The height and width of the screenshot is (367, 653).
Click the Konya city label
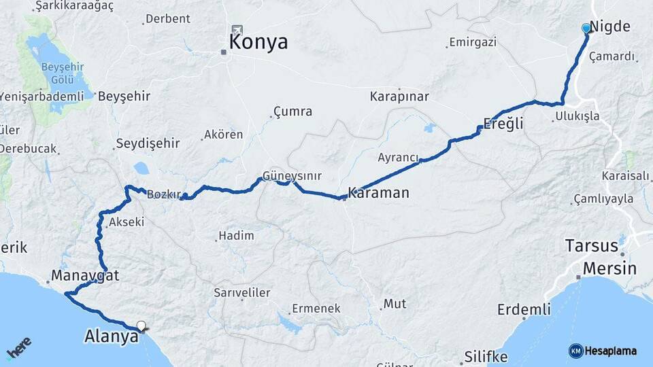click(258, 42)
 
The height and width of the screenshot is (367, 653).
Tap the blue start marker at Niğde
click(586, 28)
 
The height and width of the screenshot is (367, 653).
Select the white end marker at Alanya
click(141, 326)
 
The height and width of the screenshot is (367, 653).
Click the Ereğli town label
click(503, 124)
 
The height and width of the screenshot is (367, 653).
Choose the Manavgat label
click(85, 275)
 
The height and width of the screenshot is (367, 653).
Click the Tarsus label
click(591, 245)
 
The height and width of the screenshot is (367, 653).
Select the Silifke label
click(486, 356)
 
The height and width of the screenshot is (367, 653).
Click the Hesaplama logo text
click(609, 351)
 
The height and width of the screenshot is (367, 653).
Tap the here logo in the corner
click(19, 350)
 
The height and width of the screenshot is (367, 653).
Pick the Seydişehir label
click(148, 143)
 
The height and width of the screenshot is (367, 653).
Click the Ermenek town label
click(316, 309)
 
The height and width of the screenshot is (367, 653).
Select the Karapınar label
click(399, 97)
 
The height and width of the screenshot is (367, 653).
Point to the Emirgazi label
click(473, 43)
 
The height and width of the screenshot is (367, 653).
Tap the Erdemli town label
click(524, 310)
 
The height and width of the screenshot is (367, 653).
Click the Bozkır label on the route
click(163, 194)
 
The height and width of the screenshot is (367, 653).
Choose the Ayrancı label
click(398, 158)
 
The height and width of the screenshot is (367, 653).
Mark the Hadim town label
click(235, 236)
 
